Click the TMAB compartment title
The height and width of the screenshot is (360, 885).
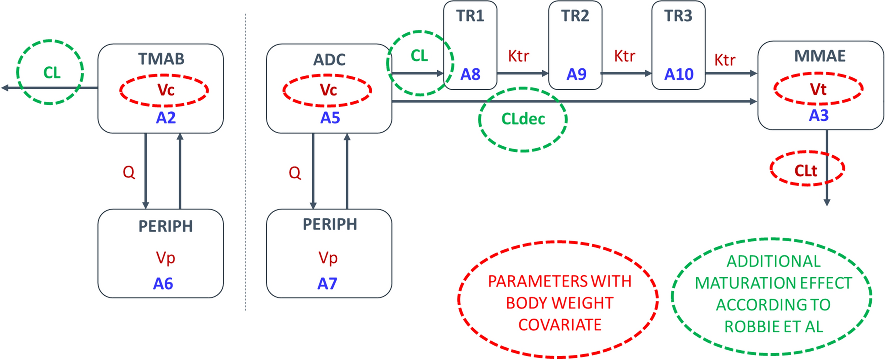click(x=161, y=59)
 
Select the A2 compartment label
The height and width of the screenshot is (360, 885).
click(x=166, y=118)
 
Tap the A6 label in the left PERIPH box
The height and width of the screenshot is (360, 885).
click(x=163, y=284)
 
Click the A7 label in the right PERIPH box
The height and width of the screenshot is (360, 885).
click(x=327, y=284)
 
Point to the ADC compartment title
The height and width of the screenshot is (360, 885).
click(x=329, y=60)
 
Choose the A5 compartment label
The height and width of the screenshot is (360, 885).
click(x=330, y=118)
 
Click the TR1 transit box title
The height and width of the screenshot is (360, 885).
click(x=470, y=16)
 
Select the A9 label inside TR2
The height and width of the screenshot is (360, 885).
click(x=576, y=74)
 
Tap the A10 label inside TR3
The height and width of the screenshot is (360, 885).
click(x=679, y=74)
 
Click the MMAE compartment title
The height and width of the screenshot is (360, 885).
click(x=820, y=56)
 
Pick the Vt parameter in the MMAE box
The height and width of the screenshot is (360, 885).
click(x=818, y=89)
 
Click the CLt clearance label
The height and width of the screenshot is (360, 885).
click(x=805, y=171)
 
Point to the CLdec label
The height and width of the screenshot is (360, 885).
click(x=523, y=119)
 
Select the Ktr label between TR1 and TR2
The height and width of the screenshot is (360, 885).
click(x=518, y=56)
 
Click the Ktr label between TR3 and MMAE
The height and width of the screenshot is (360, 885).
click(x=724, y=60)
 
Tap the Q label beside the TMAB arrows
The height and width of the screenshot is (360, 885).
click(x=129, y=172)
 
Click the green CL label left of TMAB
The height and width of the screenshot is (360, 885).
click(x=52, y=73)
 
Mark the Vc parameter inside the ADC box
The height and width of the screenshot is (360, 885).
click(x=328, y=90)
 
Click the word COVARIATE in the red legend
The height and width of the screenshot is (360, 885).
click(x=559, y=325)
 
